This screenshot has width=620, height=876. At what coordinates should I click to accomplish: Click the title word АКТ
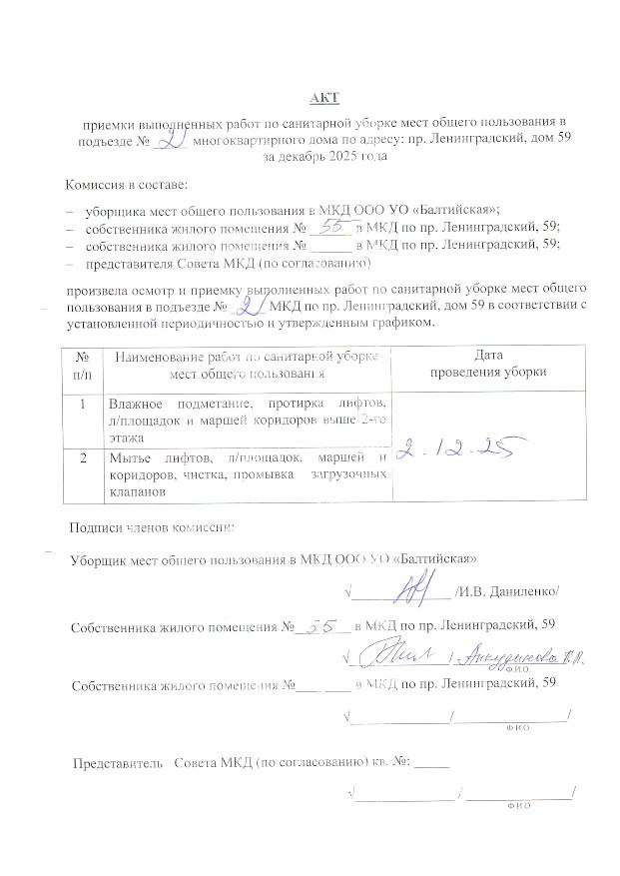coord(325,97)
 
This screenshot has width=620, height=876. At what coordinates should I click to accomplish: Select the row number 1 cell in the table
coord(82,405)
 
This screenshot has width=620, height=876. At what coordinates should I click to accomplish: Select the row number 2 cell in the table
coord(82,456)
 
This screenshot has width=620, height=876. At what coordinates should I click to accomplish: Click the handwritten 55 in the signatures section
coord(321,626)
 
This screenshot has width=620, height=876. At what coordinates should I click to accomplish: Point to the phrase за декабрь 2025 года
coord(325,158)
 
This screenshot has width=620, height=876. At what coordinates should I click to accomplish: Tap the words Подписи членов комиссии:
coord(152,526)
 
